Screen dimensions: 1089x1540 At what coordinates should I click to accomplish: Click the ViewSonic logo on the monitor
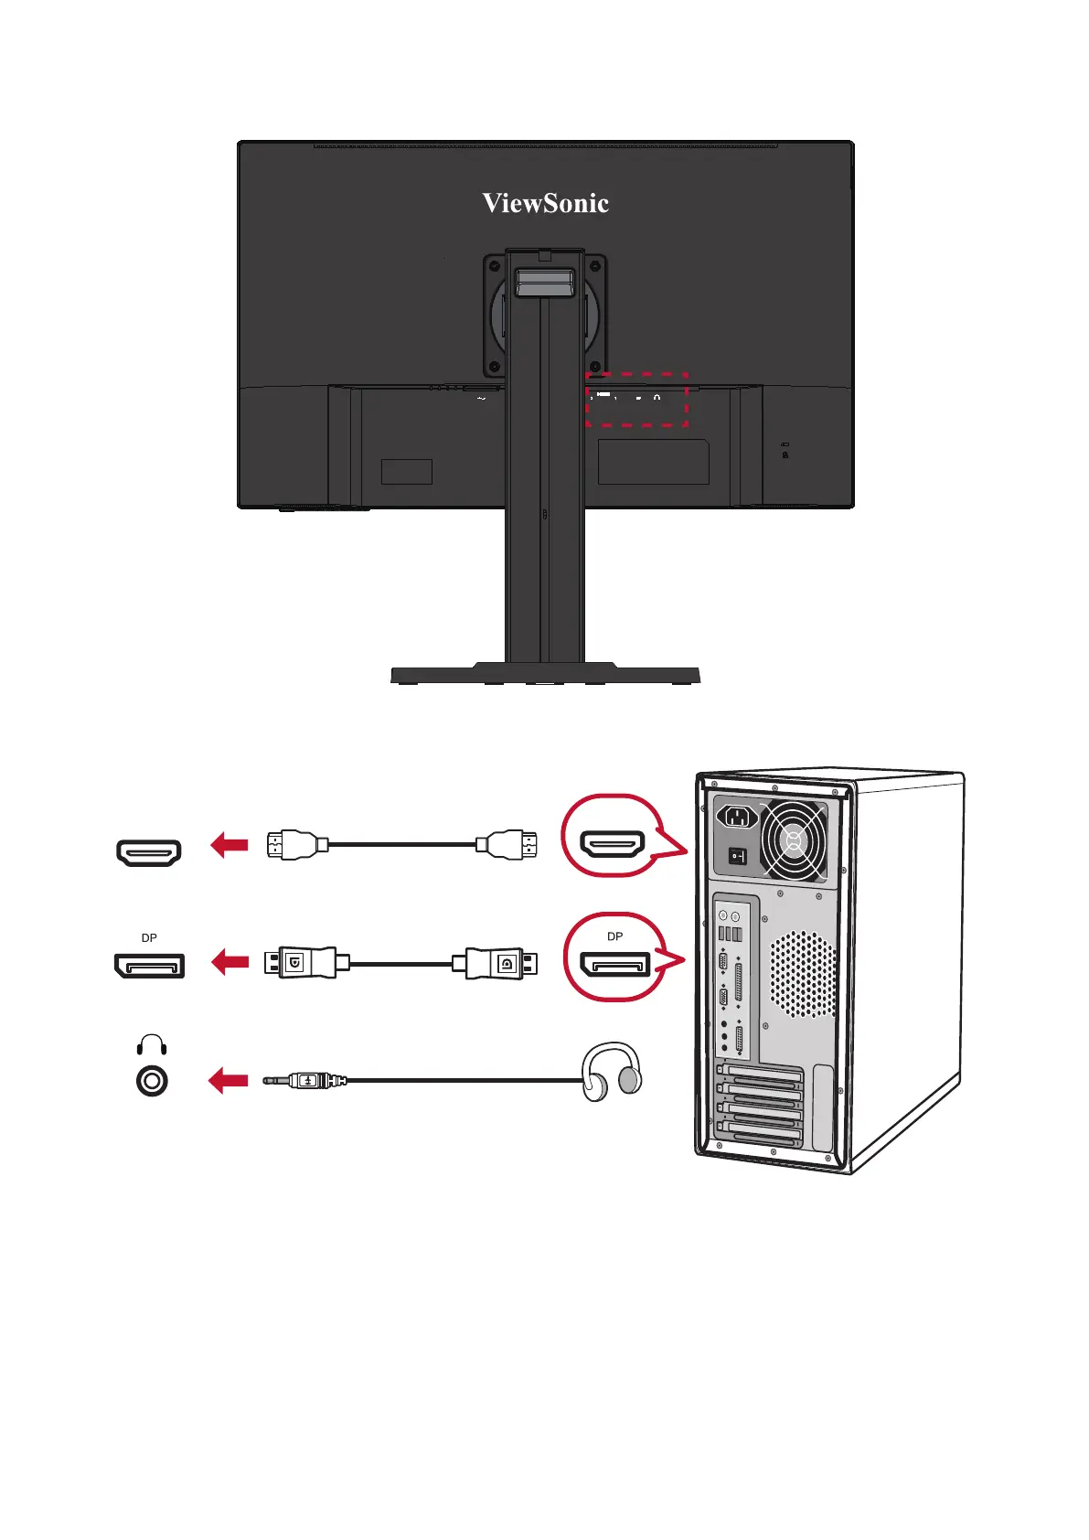[x=545, y=203]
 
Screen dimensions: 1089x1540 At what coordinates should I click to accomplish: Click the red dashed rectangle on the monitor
[x=636, y=374]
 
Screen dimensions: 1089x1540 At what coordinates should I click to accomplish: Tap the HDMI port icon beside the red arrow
[x=149, y=852]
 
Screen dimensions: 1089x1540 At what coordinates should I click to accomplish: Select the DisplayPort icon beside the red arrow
[x=149, y=965]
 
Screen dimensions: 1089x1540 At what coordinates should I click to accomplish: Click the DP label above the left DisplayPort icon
[x=149, y=938]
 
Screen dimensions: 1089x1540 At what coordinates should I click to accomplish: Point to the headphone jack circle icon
[x=152, y=1081]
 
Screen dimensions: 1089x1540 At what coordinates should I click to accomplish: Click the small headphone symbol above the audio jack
[x=152, y=1045]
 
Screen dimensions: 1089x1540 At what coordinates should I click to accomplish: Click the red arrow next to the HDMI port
[x=230, y=845]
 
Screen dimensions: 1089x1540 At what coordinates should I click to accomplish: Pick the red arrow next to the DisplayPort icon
[x=230, y=962]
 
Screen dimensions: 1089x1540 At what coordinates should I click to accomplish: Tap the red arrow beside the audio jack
[x=229, y=1081]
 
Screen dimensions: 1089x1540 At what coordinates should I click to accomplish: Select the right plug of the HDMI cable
[x=507, y=844]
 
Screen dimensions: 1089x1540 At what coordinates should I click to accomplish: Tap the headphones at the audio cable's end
[x=612, y=1072]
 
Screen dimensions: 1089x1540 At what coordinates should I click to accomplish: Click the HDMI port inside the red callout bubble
[x=614, y=845]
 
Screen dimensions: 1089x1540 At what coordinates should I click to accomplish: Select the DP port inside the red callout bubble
[x=615, y=964]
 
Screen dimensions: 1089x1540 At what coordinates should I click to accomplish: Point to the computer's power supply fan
[x=792, y=840]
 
